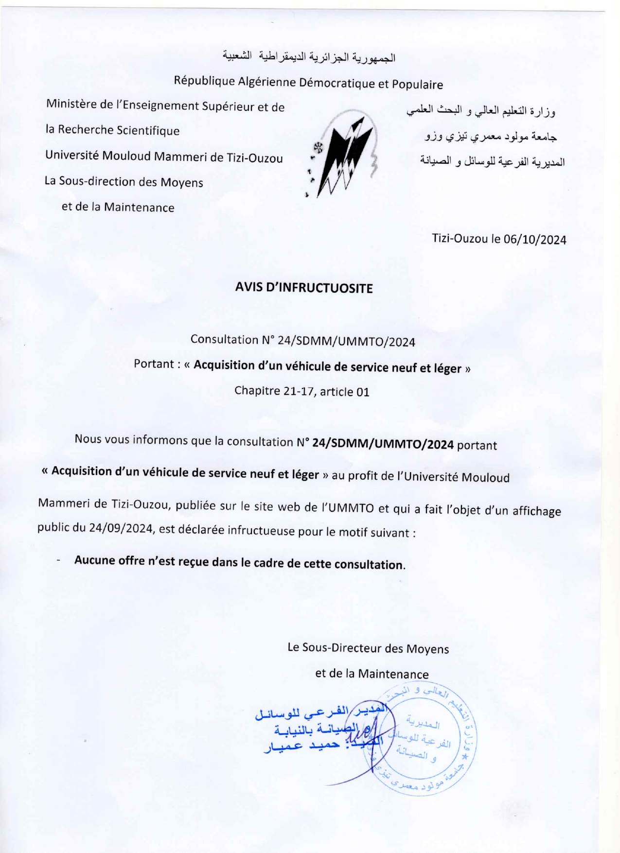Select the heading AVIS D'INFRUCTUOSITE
pyautogui.click(x=304, y=288)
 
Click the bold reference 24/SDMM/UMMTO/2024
pyautogui.click(x=383, y=444)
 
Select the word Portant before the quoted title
pyautogui.click(x=154, y=364)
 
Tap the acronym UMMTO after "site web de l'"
pyautogui.click(x=351, y=508)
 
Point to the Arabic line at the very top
pyautogui.click(x=309, y=57)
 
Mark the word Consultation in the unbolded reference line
pyautogui.click(x=223, y=339)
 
